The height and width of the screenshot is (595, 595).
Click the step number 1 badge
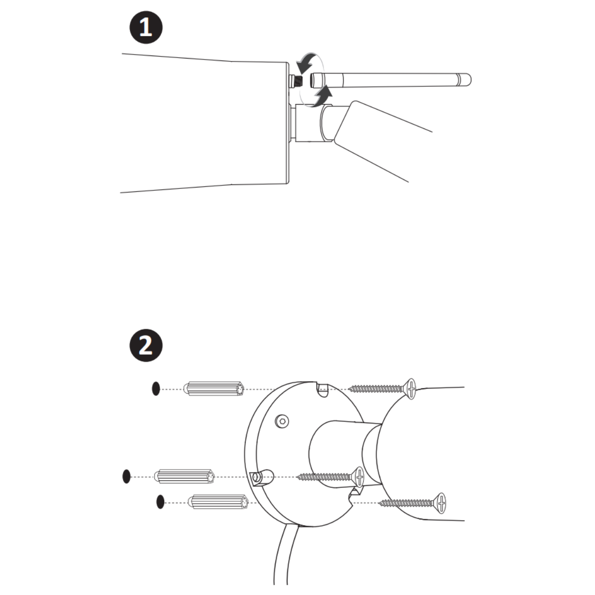146,27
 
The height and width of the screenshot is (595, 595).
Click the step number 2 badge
146,345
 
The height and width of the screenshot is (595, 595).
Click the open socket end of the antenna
313,80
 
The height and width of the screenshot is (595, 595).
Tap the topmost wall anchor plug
214,389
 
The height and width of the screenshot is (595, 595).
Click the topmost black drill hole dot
156,388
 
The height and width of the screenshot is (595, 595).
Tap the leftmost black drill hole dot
126,476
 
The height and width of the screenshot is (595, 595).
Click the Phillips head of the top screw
411,389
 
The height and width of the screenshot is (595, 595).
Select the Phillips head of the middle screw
359,476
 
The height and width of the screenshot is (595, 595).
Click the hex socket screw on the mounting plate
282,421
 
